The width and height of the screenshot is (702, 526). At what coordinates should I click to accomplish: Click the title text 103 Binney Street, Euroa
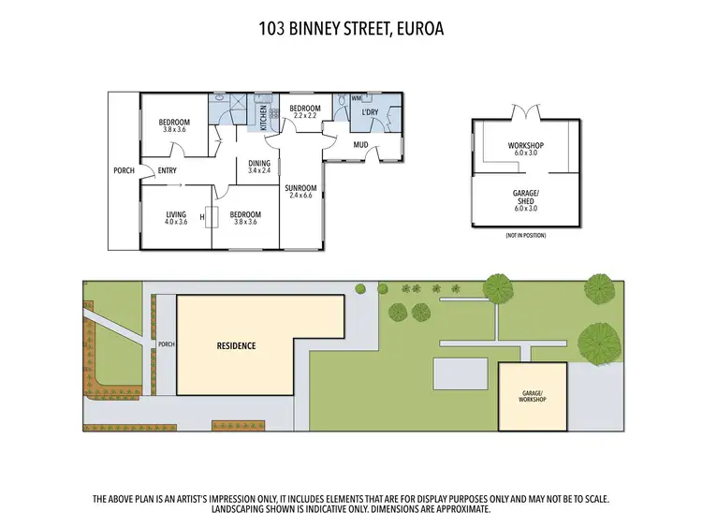350,29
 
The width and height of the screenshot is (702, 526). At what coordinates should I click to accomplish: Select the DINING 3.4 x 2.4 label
259,167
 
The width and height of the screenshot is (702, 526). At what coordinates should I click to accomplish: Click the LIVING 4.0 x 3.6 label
176,218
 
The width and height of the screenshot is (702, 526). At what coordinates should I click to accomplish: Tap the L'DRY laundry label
369,113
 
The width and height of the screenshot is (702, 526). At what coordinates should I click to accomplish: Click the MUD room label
360,145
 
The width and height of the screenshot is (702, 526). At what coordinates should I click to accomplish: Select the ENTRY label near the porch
168,170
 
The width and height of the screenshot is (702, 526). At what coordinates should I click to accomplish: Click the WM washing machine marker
356,97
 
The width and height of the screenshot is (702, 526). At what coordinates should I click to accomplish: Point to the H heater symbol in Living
202,219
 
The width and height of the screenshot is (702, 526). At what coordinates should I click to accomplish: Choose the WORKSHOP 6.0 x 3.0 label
525,150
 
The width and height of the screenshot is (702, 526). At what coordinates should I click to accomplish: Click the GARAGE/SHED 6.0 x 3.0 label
525,200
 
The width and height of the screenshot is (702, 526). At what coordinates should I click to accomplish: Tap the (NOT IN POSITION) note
525,235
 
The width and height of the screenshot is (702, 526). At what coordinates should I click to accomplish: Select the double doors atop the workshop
525,112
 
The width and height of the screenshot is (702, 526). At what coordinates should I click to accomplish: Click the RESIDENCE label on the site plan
236,345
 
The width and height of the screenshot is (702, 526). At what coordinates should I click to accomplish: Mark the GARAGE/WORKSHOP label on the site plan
532,396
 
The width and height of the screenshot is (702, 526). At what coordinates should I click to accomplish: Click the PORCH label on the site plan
167,343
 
